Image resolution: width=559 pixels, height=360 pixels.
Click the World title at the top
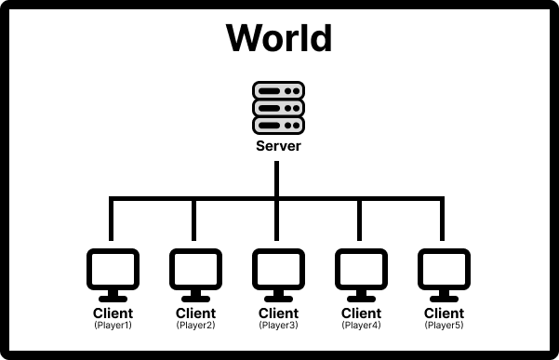point(279,38)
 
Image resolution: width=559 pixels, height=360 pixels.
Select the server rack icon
point(278,108)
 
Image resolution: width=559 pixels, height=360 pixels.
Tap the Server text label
point(278,146)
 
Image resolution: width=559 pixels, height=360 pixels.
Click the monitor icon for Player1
point(113,275)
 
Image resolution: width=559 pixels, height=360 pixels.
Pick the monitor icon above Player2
point(195,275)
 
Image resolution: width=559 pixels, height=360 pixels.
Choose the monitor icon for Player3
point(278,275)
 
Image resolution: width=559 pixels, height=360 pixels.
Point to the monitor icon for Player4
point(361,275)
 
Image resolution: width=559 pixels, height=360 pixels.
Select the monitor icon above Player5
point(444,275)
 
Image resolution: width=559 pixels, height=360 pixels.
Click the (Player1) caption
point(113,325)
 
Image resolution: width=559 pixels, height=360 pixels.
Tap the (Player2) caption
point(195,325)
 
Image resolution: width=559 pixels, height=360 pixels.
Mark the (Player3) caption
point(278,325)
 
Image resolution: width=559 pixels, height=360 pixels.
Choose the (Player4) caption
point(361,325)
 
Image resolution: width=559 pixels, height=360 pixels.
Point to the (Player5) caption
point(444,325)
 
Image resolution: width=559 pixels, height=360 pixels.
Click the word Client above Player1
point(113,313)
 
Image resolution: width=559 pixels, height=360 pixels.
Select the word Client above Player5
point(444,313)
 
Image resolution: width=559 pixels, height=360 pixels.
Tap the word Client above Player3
point(278,313)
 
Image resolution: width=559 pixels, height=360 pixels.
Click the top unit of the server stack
point(278,90)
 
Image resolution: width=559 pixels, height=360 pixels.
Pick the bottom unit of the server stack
point(278,126)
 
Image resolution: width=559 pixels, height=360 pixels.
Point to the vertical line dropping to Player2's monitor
point(194,220)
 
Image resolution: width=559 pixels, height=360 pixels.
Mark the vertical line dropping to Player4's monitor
point(359,220)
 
